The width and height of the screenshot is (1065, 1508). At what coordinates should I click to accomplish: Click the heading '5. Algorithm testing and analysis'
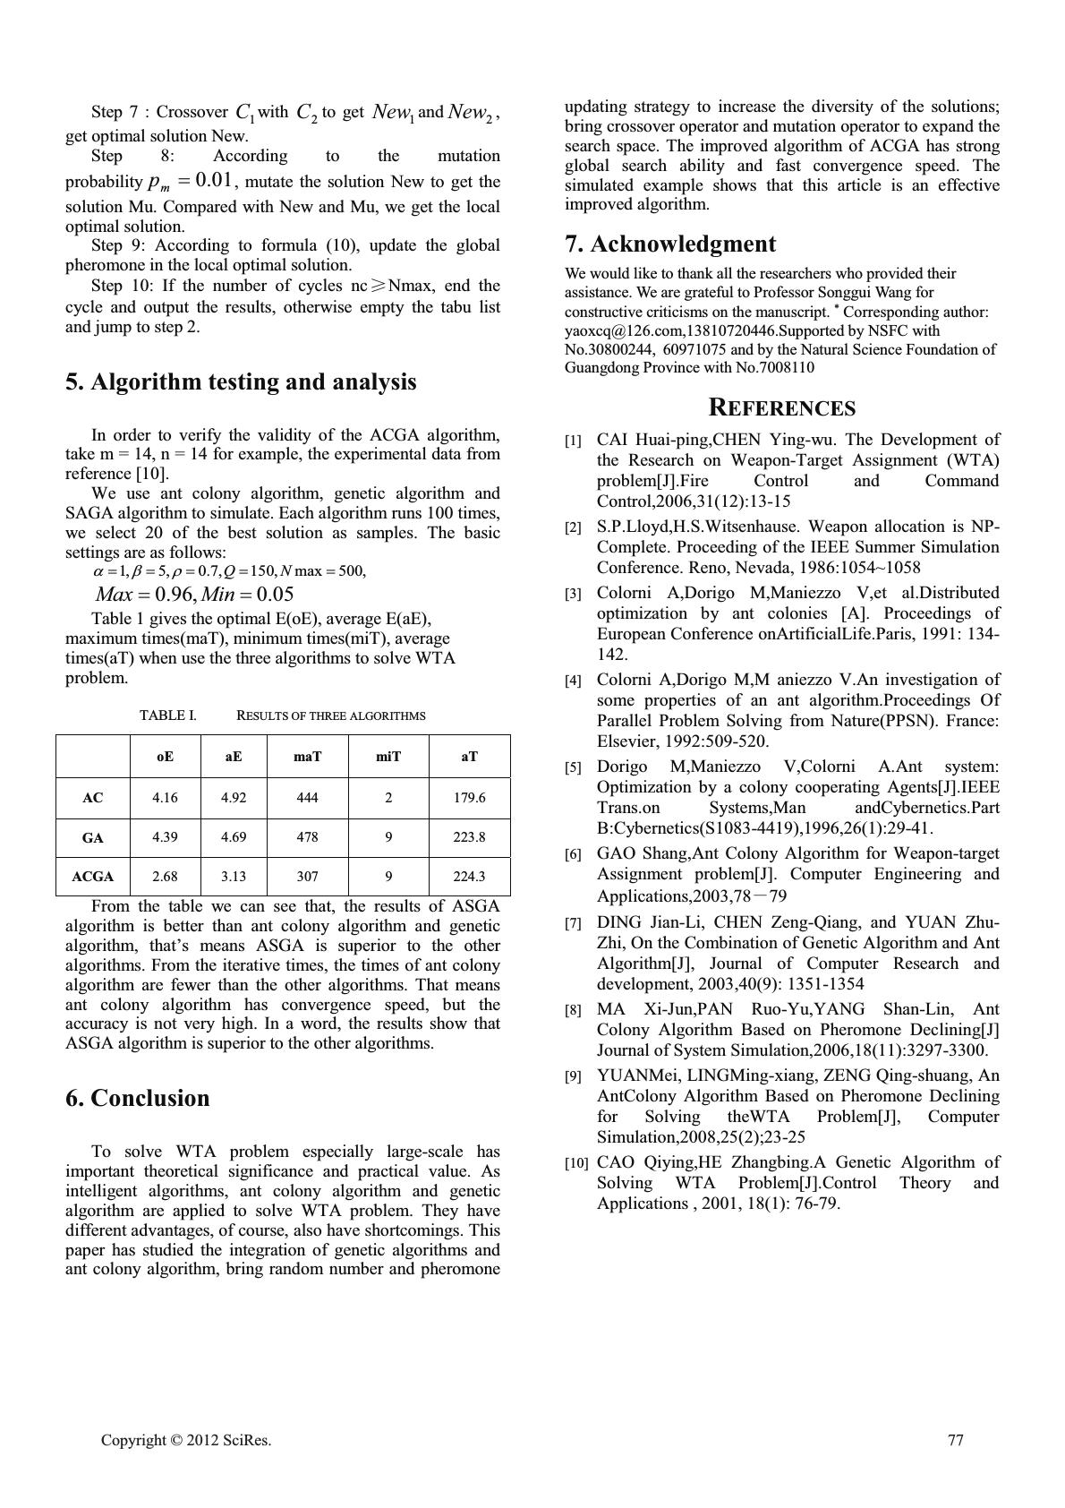tap(241, 382)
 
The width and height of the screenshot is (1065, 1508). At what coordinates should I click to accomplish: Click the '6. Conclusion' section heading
tap(137, 1098)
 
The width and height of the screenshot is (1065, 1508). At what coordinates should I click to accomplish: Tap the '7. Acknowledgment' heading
tap(669, 244)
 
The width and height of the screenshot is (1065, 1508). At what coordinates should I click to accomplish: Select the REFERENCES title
tap(781, 408)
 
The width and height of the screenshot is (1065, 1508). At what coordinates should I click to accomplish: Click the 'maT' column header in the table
tap(307, 757)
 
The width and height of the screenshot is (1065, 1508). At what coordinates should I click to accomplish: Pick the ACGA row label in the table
tap(92, 877)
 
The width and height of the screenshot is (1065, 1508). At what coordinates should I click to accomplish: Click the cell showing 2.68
tap(165, 877)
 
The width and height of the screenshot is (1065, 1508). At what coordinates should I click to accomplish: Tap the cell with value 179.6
tap(469, 797)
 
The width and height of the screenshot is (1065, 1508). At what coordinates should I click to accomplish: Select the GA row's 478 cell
tap(307, 837)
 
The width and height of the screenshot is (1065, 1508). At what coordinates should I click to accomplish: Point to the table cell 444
tap(307, 797)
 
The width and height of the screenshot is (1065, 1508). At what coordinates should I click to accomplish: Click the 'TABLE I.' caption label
tap(167, 715)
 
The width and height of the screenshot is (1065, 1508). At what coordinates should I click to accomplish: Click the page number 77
tap(955, 1440)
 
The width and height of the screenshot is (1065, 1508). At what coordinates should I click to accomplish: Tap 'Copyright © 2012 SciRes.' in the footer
tap(186, 1440)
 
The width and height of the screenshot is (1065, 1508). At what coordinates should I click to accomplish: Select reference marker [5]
tap(573, 768)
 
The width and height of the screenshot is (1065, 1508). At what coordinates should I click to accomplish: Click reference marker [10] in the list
tap(575, 1163)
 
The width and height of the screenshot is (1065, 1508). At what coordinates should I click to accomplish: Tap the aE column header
tap(233, 757)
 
